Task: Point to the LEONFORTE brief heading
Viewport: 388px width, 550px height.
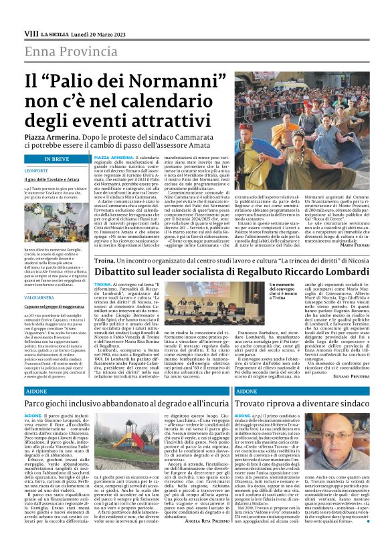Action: click(x=37, y=170)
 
